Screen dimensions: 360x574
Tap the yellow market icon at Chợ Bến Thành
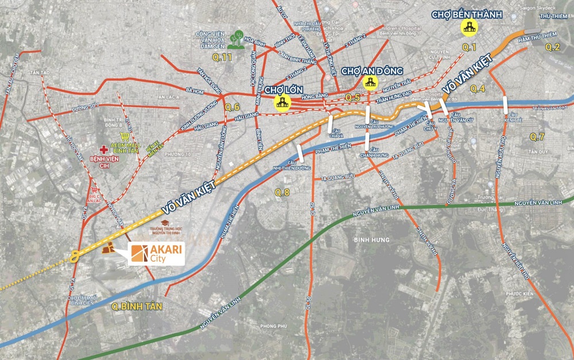coord(470,26)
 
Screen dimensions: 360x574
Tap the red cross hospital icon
coord(104,148)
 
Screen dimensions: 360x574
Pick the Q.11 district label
coord(222,57)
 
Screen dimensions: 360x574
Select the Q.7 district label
coord(537,137)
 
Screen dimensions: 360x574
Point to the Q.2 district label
coord(552,47)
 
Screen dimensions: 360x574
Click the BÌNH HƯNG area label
coord(371,239)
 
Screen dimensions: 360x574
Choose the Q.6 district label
coord(232,107)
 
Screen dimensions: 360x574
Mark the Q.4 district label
coord(478,88)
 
